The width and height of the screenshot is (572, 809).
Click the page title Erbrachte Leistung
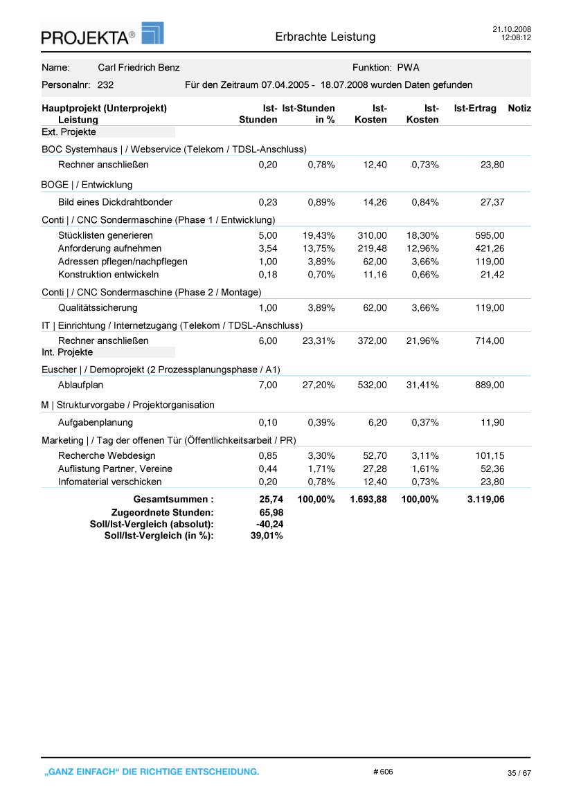[x=325, y=37]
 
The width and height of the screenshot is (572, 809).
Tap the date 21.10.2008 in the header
[x=511, y=29]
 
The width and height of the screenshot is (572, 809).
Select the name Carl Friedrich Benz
[x=138, y=68]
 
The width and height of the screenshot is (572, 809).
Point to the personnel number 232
[x=106, y=85]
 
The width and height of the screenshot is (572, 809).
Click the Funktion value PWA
[x=408, y=68]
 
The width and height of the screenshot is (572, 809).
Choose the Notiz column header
[x=519, y=109]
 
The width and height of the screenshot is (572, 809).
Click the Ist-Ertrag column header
[x=475, y=109]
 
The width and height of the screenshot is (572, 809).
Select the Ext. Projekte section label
[x=69, y=132]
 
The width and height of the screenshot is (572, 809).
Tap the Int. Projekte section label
[x=68, y=352]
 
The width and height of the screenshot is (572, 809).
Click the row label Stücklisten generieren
[x=105, y=235]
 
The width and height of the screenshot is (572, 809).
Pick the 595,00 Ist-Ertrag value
[x=490, y=235]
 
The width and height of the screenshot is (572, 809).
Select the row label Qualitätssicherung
[x=98, y=308]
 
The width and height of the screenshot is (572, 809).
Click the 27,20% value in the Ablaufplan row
[x=319, y=385]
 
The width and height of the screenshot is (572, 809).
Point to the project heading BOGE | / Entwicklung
[x=87, y=185]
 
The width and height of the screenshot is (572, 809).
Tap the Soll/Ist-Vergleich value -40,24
[x=269, y=524]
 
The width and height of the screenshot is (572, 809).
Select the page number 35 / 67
[x=519, y=773]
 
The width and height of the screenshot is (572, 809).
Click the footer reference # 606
[x=383, y=772]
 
